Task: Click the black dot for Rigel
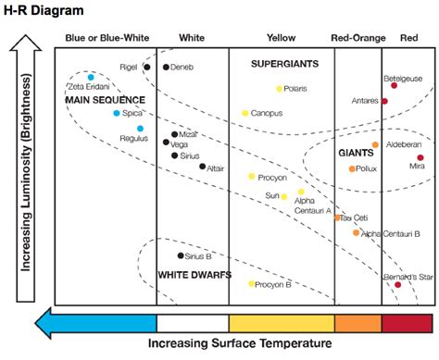(x=146, y=67)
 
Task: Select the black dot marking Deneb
(x=166, y=67)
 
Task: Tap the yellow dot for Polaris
(x=279, y=89)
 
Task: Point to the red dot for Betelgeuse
(x=394, y=85)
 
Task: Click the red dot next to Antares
(x=384, y=101)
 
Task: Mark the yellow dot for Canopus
(x=245, y=113)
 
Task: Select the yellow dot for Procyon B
(x=251, y=284)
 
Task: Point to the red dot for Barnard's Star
(x=397, y=284)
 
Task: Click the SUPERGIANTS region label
(x=284, y=64)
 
